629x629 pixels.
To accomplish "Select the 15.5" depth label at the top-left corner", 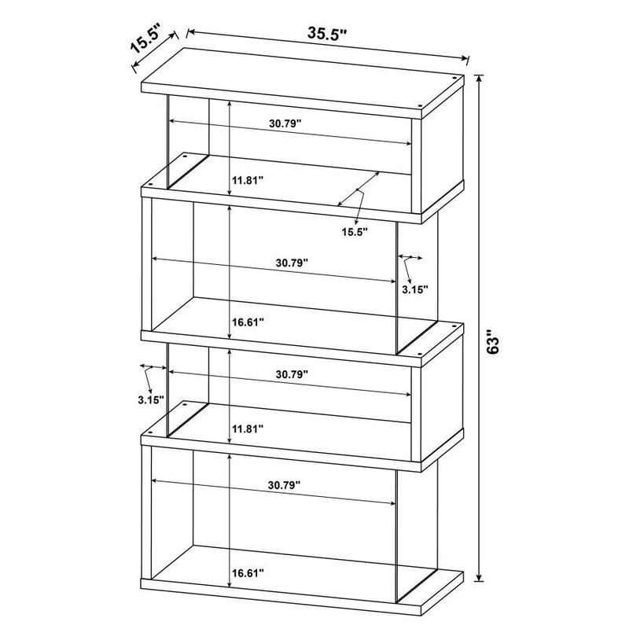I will tap(145, 39).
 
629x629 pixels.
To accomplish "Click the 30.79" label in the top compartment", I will tap(285, 123).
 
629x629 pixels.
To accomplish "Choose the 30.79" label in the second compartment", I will tap(292, 263).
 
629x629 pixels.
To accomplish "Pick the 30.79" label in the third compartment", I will tap(291, 374).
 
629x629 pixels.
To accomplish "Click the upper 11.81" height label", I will tap(247, 180).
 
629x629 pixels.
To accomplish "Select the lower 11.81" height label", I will tap(247, 429).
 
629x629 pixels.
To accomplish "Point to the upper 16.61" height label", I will tap(247, 322).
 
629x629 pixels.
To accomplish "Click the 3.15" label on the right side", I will tap(414, 289).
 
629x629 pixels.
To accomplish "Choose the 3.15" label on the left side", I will tap(149, 399).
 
